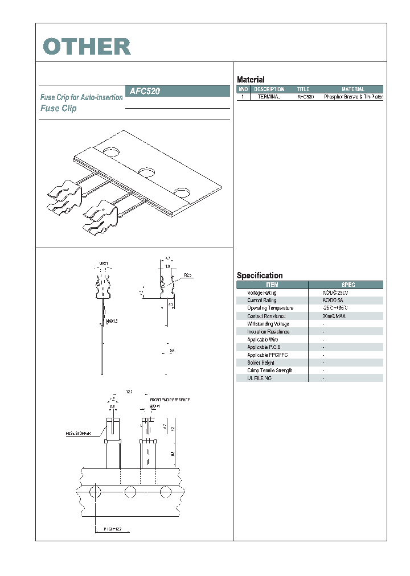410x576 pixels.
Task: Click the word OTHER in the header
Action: click(87, 47)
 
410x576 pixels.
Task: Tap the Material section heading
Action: click(251, 80)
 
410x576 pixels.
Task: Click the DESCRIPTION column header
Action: click(269, 89)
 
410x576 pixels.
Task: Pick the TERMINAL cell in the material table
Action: click(269, 97)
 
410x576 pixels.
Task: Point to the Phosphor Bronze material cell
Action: click(353, 97)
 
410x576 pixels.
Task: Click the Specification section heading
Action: click(260, 275)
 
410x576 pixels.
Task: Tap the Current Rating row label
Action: click(261, 300)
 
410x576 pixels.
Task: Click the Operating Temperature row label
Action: click(270, 308)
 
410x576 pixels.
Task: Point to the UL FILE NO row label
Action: click(259, 378)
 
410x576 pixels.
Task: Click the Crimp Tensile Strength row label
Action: click(270, 370)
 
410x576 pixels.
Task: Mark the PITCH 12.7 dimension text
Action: click(107, 528)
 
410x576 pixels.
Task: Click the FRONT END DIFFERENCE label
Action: click(170, 400)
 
